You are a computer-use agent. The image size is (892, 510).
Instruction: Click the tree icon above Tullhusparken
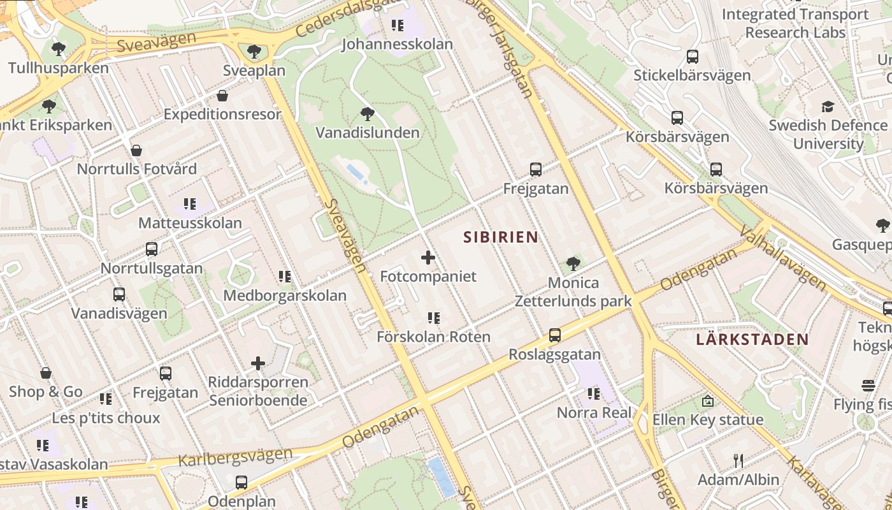click(x=58, y=48)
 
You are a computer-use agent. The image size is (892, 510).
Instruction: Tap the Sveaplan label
click(x=254, y=70)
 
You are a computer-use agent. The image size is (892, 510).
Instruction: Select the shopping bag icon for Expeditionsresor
click(x=222, y=96)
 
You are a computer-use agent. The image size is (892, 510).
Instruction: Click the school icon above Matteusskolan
click(x=190, y=204)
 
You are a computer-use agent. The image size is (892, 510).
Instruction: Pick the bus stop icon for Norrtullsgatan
click(x=152, y=249)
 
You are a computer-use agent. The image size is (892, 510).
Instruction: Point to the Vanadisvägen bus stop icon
click(x=119, y=295)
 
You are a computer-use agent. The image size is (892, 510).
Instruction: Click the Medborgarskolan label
click(x=284, y=295)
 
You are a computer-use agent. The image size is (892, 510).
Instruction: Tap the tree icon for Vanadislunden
click(x=367, y=114)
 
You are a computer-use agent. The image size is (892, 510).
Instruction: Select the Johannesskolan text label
click(x=397, y=44)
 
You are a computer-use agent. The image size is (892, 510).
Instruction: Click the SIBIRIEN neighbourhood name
click(x=500, y=237)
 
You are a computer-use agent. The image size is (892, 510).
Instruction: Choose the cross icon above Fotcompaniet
click(x=428, y=258)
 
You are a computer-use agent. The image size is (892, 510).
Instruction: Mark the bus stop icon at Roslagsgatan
click(x=555, y=335)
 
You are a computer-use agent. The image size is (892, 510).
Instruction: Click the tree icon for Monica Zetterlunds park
click(x=573, y=263)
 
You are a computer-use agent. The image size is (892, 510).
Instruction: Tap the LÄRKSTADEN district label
click(x=752, y=339)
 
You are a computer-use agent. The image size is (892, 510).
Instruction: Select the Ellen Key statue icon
click(x=707, y=401)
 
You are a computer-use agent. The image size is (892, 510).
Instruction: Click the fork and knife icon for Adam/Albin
click(x=738, y=460)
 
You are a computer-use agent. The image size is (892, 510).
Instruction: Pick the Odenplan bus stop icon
click(x=241, y=483)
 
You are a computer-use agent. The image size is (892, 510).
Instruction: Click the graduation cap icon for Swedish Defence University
click(x=828, y=106)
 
